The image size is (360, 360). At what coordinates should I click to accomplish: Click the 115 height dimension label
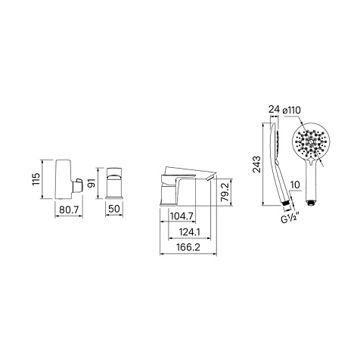tap(36, 179)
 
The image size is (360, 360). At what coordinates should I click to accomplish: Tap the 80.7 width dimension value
tap(69, 209)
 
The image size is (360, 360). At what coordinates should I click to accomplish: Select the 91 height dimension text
tap(92, 183)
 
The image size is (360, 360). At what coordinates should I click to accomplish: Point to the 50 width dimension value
tap(114, 209)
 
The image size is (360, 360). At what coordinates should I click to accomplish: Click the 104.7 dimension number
tap(182, 216)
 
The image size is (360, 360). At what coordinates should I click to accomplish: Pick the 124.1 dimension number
tap(189, 232)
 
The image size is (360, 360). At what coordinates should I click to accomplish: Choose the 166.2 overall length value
tap(188, 247)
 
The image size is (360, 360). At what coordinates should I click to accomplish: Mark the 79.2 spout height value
tap(225, 192)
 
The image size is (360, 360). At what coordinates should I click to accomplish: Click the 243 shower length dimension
tap(257, 164)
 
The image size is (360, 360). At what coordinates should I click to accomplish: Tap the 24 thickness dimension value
tap(274, 110)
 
